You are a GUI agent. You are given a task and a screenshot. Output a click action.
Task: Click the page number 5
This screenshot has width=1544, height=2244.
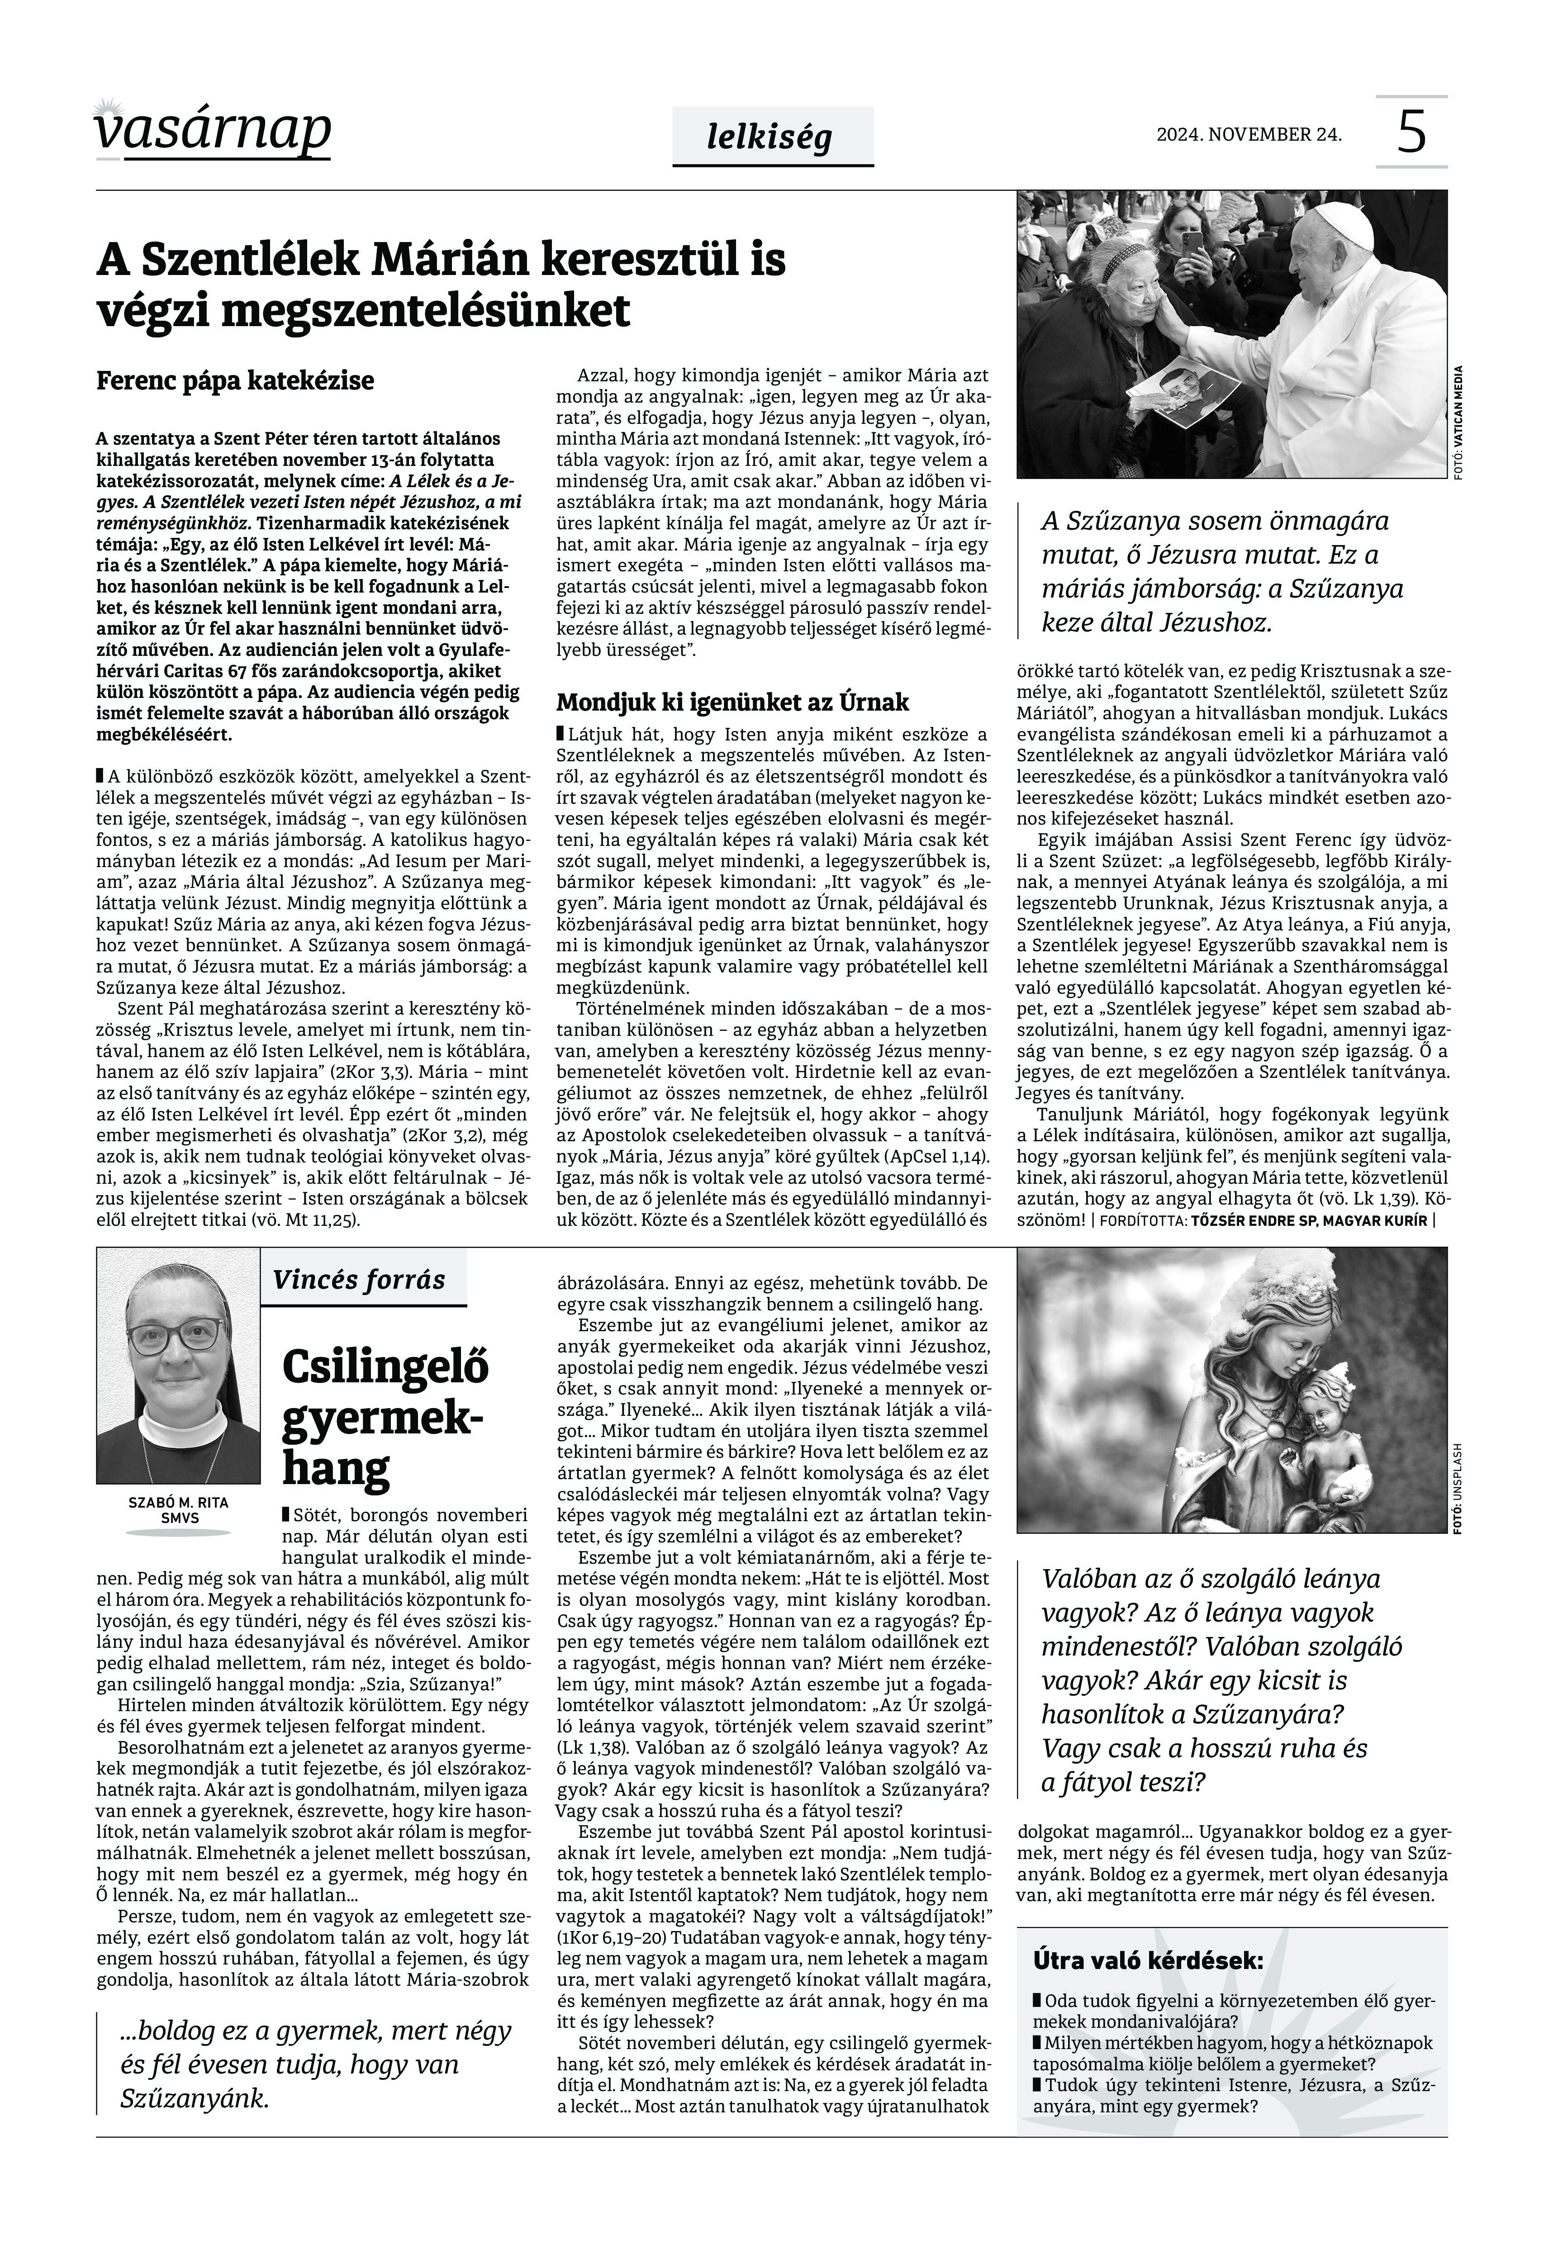point(1411,133)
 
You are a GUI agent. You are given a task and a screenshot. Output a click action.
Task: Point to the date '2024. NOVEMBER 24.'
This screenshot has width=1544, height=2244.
point(1249,134)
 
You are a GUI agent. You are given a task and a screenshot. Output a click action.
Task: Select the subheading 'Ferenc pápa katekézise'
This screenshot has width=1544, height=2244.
point(235,381)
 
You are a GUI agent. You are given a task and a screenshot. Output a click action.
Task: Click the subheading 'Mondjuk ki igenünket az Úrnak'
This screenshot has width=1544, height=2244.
point(732,701)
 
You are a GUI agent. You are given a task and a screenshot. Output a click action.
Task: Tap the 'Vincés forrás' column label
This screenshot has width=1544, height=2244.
point(359,1280)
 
